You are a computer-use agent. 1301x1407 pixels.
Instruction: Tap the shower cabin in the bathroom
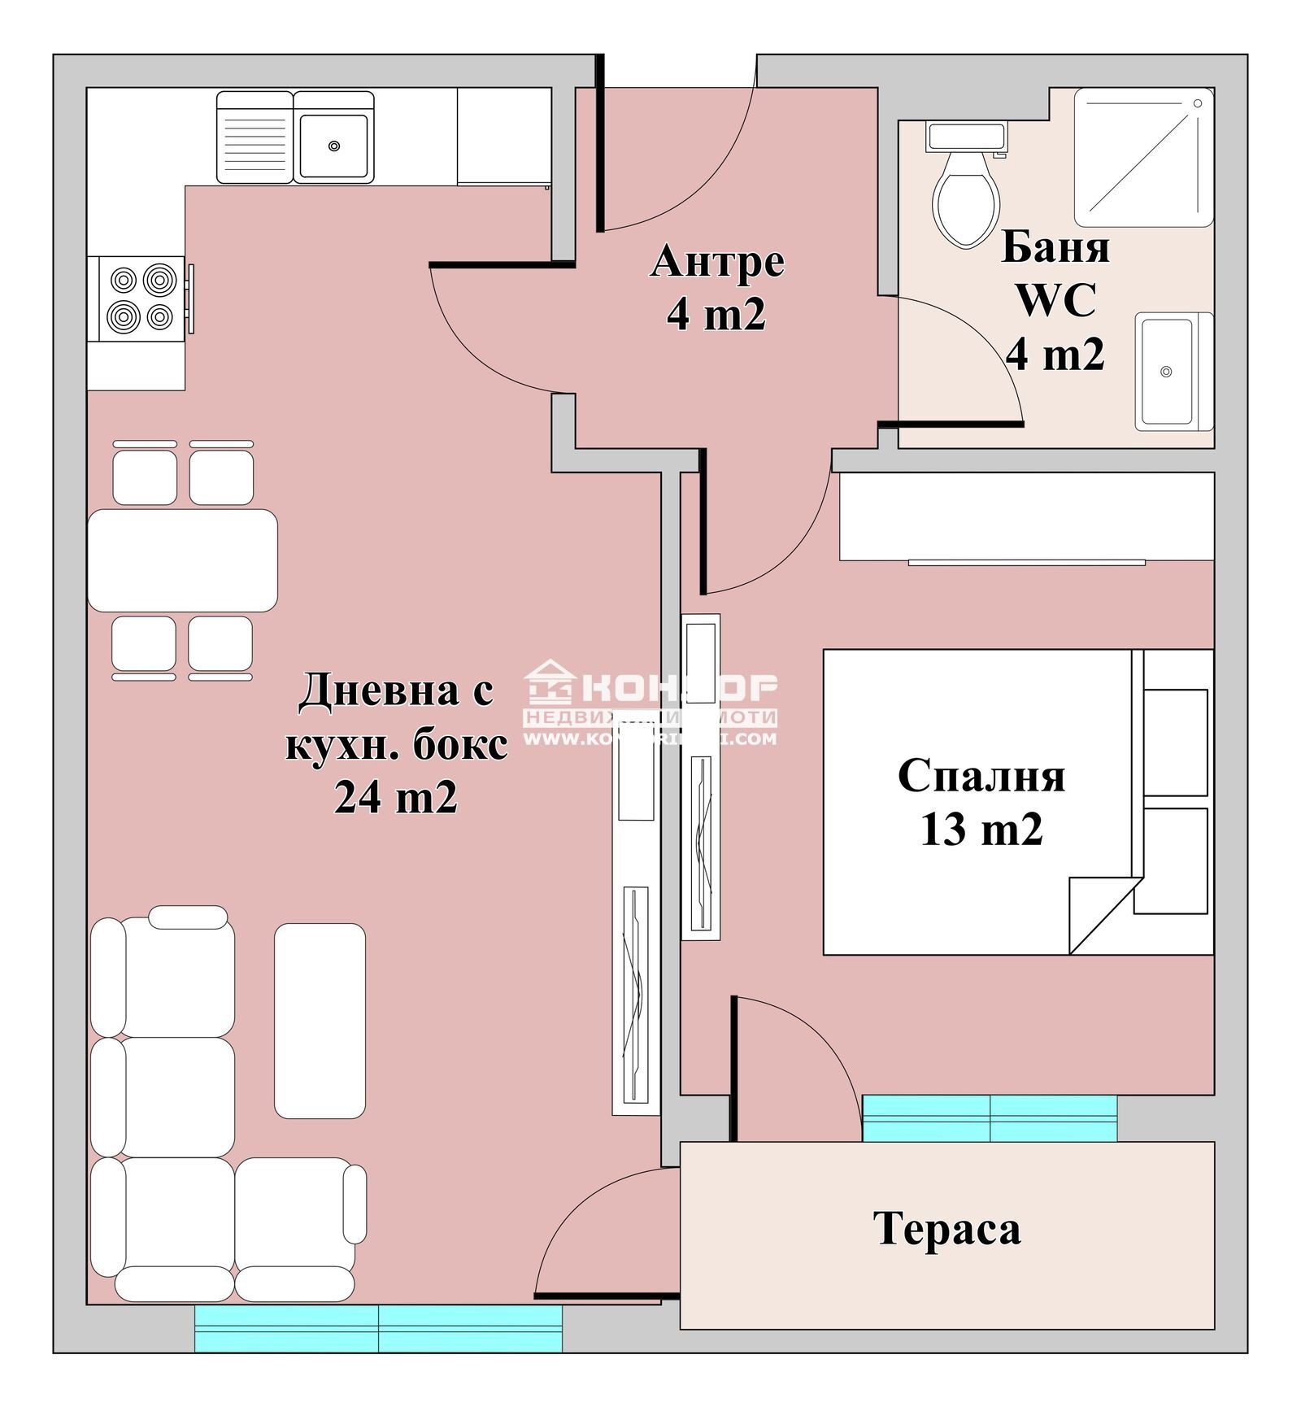pos(1143,157)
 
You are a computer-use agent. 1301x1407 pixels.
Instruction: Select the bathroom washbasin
pos(1168,372)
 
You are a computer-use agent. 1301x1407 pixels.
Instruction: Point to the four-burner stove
pos(143,298)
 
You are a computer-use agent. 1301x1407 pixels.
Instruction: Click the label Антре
pos(717,263)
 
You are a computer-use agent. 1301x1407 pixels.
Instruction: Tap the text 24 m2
pos(395,797)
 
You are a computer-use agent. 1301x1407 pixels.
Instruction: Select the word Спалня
pos(981,775)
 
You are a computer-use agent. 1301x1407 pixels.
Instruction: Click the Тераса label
pos(946,1228)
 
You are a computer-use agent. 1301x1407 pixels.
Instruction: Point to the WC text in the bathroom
pos(1055,300)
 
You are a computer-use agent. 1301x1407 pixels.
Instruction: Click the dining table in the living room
pos(182,560)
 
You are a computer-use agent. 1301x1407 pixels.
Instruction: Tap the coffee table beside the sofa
pos(320,1021)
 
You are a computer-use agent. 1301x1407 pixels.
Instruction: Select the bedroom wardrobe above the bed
pos(1026,516)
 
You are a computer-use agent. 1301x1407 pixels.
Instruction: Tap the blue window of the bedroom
pos(989,1118)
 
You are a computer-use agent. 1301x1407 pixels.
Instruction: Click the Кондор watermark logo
pos(650,702)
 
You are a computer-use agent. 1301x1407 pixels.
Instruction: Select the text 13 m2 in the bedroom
pos(981,830)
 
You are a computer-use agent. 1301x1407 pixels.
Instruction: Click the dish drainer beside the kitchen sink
pos(255,137)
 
